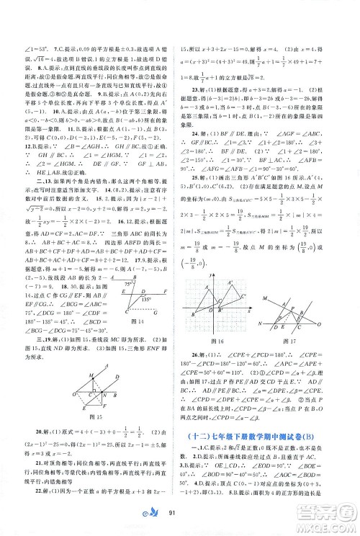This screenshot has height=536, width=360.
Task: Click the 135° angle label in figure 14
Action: (x=145, y=295)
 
